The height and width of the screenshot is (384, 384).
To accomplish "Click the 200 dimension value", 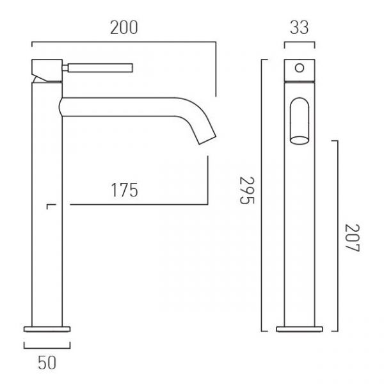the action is coord(124,28).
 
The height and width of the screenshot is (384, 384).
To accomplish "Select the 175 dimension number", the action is coord(124,190).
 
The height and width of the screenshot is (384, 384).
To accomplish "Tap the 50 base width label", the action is coord(47,363).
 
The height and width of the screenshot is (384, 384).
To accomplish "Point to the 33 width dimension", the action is coord(300,28).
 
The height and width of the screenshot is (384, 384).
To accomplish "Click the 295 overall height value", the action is coord(247,190).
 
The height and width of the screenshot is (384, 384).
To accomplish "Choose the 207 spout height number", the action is coord(352,237).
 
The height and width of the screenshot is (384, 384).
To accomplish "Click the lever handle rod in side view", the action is coord(100,68).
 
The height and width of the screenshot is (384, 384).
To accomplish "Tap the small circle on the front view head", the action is coord(300,68).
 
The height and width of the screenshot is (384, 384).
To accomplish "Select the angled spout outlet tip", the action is coord(207,140).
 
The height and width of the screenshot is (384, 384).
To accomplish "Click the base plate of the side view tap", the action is coord(47,329).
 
